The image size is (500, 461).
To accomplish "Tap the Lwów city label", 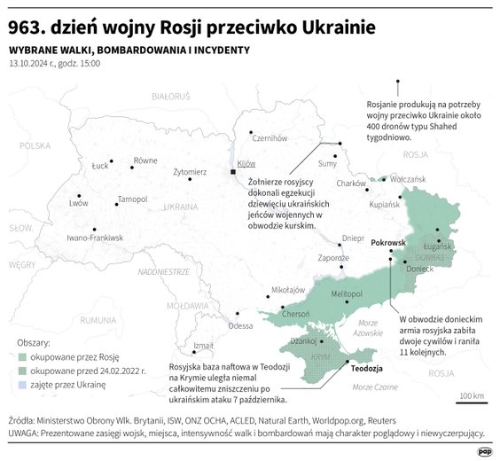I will click(79, 203).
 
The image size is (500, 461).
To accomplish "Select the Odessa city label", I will click(240, 326).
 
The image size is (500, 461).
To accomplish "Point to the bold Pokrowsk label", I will click(387, 242).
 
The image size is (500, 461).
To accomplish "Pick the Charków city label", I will click(352, 183).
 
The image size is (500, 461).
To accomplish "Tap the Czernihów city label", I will click(270, 137).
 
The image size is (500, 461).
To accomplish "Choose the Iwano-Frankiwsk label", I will click(95, 238).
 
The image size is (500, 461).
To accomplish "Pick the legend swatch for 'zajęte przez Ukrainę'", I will click(22, 385).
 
